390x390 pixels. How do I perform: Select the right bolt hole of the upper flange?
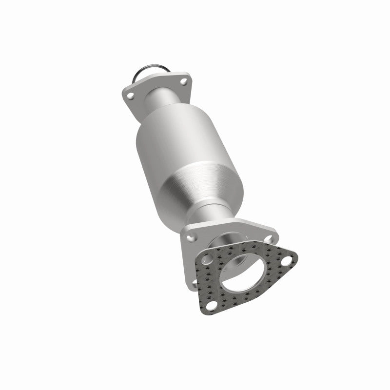[x=183, y=82]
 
